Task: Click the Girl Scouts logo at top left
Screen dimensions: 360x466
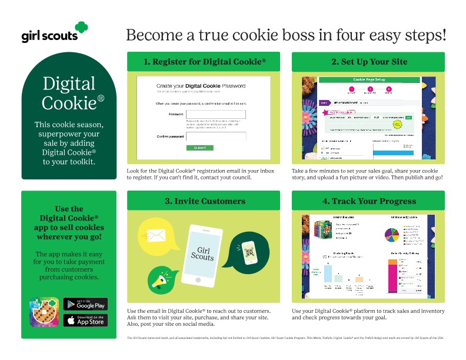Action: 54,33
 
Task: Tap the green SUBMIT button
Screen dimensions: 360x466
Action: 199,148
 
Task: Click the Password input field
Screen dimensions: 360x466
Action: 215,114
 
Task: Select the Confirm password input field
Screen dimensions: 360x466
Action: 215,136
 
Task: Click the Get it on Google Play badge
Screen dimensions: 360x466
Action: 85,304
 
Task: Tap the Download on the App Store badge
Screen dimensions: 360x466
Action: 85,320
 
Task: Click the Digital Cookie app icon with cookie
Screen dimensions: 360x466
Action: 44,312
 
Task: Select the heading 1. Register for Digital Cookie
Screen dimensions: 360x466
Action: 204,62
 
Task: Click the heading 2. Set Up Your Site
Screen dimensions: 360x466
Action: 368,62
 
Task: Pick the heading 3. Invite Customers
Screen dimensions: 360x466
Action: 204,201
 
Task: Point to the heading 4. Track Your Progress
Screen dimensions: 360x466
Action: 368,201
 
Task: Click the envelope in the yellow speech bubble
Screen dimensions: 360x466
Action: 155,236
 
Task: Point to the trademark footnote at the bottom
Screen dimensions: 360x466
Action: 285,338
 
